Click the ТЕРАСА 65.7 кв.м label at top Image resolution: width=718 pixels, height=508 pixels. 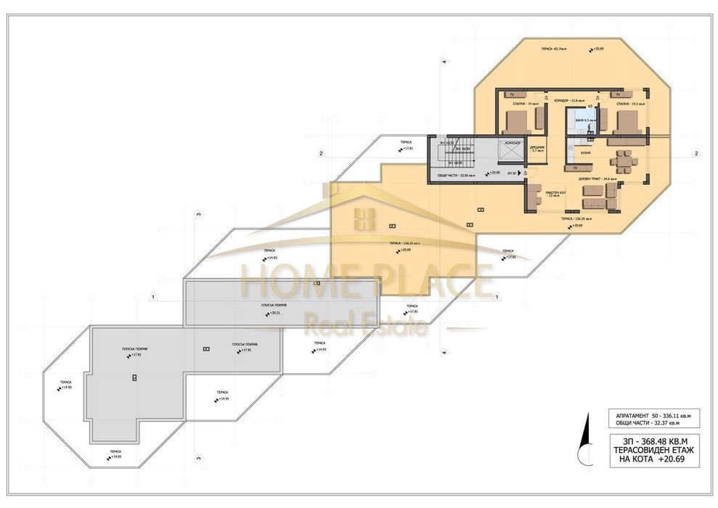[553, 49]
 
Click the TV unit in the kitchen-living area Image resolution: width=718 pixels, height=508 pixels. [575, 167]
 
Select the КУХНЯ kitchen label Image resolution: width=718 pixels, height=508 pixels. [585, 153]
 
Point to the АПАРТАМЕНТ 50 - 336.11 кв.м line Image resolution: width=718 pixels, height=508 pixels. [647, 414]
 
